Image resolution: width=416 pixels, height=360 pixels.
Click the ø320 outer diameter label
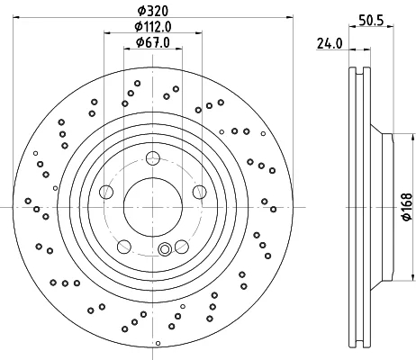(x=153, y=11)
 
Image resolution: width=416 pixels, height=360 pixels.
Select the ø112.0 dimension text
(x=153, y=27)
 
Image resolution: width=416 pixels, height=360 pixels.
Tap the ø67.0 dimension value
(x=153, y=42)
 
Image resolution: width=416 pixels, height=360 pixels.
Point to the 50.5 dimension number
(x=371, y=21)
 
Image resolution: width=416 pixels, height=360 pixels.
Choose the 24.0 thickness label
(x=330, y=44)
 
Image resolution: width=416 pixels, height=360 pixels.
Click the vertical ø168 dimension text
(x=407, y=207)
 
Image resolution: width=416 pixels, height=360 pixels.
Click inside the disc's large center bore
(x=153, y=207)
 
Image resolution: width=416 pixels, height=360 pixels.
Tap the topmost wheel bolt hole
(x=153, y=158)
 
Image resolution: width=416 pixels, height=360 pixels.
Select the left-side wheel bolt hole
(x=106, y=192)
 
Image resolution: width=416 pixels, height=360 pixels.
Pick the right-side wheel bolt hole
(x=200, y=192)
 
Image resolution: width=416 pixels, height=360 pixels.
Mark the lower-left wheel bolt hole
(x=124, y=247)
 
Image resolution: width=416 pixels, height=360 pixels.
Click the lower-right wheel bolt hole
(x=182, y=247)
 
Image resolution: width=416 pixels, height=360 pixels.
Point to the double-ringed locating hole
(x=165, y=249)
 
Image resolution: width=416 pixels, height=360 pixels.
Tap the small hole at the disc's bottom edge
(x=158, y=343)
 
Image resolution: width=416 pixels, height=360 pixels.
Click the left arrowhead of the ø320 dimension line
(x=16, y=17)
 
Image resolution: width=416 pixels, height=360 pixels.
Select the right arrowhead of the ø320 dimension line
(x=290, y=17)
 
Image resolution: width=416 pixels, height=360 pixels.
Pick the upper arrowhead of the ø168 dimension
(x=411, y=136)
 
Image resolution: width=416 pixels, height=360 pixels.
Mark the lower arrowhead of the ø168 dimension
(x=411, y=278)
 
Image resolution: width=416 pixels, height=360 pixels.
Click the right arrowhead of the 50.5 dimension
(x=390, y=27)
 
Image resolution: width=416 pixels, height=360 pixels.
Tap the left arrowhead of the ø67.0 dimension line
(x=127, y=49)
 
